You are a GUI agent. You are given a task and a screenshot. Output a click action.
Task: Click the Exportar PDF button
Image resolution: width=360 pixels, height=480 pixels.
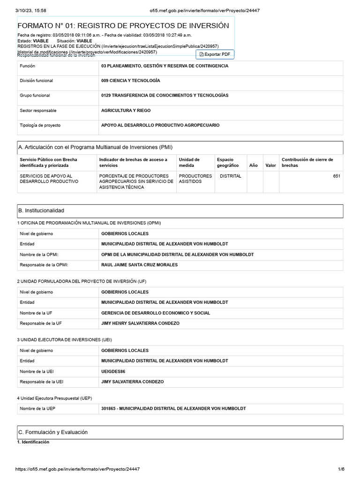215,54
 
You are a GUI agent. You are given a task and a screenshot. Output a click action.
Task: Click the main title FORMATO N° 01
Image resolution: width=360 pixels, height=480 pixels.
123,26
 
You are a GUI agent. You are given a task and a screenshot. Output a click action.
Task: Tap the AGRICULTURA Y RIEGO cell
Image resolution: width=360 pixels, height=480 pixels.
126,111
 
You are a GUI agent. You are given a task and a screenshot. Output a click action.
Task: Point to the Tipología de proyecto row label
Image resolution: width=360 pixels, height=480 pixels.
40,125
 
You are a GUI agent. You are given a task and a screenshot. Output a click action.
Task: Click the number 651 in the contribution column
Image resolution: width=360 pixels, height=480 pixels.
337,176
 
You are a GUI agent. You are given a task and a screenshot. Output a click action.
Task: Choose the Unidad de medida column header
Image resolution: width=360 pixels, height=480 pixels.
189,162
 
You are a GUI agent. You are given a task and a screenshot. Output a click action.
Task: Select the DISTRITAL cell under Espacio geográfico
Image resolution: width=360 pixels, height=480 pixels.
230,176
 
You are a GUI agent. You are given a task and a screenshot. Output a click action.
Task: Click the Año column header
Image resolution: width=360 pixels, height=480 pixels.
253,165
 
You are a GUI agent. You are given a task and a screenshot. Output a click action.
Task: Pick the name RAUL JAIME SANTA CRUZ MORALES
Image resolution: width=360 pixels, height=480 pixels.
139,265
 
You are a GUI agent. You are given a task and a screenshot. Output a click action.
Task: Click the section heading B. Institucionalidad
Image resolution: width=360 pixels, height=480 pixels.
41,211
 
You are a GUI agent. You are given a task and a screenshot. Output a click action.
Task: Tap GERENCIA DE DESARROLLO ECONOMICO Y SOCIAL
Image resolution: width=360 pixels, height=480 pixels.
156,313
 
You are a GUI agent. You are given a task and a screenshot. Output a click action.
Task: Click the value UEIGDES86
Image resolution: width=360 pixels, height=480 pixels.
113,371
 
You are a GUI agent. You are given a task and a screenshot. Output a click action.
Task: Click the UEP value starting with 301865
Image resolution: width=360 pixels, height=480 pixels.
173,409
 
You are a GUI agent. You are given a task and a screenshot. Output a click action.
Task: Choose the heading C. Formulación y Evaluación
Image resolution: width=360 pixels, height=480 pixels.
53,432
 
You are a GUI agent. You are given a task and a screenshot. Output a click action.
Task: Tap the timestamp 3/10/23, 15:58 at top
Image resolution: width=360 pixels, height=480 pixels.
30,11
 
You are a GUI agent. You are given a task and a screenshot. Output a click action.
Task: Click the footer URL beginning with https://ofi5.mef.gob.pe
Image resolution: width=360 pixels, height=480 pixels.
77,469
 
